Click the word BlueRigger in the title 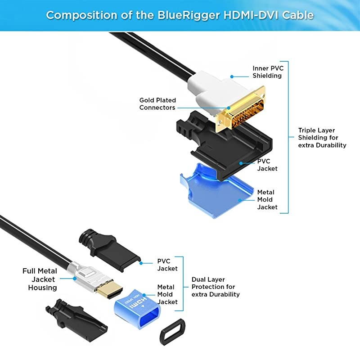click(x=189, y=15)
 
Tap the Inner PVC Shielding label click(x=268, y=72)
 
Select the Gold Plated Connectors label click(x=157, y=104)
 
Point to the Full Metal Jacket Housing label click(x=40, y=279)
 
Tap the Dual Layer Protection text click(x=216, y=287)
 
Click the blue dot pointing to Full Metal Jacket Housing click(x=75, y=279)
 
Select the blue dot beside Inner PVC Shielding click(x=232, y=76)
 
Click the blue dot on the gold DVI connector click(x=229, y=108)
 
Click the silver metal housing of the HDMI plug click(x=85, y=277)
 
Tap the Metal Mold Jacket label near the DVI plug click(x=267, y=199)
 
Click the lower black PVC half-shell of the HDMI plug click(x=76, y=320)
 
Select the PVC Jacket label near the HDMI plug click(x=167, y=265)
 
